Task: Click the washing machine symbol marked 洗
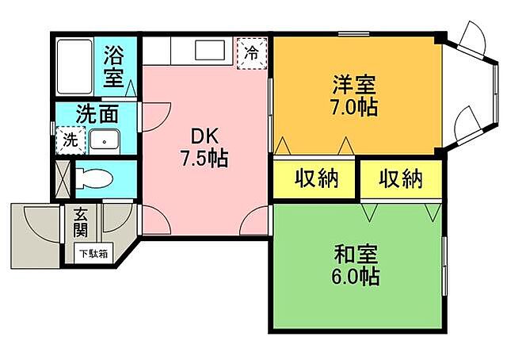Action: (71, 141)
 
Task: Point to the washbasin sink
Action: (103, 141)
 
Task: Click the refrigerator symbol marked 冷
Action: (251, 54)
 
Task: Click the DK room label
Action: (202, 136)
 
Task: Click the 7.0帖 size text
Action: (354, 107)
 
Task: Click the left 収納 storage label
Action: (317, 179)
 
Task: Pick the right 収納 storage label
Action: (399, 179)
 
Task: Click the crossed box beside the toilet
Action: (63, 177)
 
